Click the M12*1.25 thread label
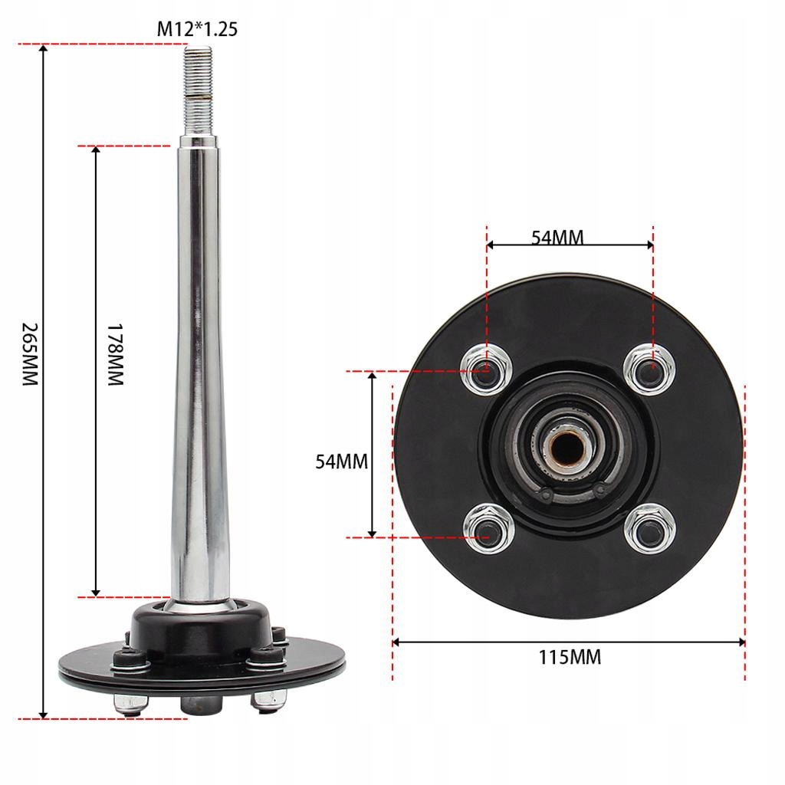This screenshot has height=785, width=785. point(197,30)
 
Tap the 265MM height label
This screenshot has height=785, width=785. point(28,353)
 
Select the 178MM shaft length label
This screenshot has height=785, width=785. point(114,354)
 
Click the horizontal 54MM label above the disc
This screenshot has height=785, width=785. point(557,237)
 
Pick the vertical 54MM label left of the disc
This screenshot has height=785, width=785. point(342,461)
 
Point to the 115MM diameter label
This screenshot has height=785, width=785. point(569,657)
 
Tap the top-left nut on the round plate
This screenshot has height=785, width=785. point(486,369)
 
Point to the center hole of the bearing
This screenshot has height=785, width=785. point(569,448)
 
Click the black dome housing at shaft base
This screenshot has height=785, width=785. point(201,625)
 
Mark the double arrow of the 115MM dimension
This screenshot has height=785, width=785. point(569,642)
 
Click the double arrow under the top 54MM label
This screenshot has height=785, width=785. point(569,245)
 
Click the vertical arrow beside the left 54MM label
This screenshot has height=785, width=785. point(373,454)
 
